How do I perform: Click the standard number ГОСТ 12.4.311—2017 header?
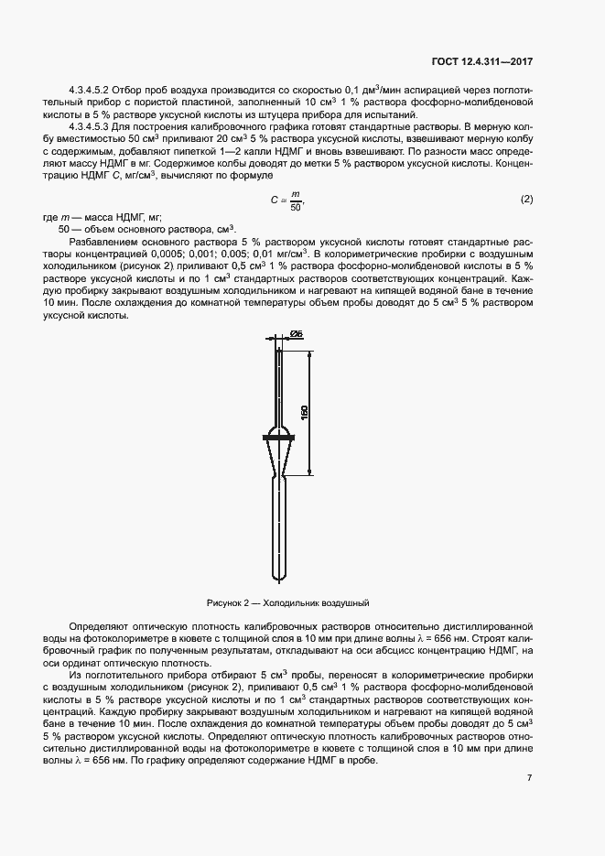[x=482, y=61]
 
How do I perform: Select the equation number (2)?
[x=526, y=200]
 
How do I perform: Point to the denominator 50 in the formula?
[x=294, y=208]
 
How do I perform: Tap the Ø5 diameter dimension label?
[x=297, y=334]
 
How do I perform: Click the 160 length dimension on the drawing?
[x=305, y=411]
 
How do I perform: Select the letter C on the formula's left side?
[x=273, y=200]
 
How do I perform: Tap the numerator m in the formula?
[x=294, y=192]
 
